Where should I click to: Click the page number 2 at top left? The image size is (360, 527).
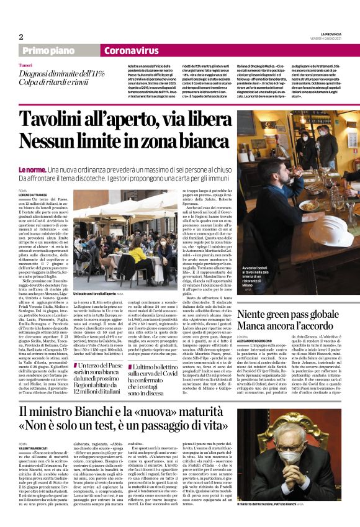(21, 37)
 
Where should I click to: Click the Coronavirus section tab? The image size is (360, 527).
(131, 51)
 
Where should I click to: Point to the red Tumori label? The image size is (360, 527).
(26, 65)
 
